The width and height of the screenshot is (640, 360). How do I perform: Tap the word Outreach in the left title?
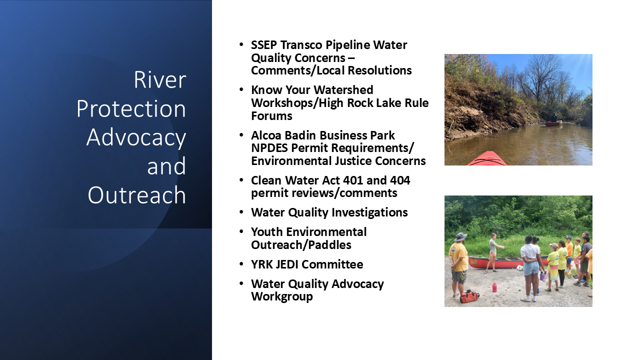[x=137, y=195]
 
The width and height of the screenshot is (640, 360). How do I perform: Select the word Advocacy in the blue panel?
[x=136, y=138]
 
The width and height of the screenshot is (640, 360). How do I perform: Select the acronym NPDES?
[x=269, y=148]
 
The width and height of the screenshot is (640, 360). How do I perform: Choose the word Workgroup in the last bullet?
[x=281, y=297]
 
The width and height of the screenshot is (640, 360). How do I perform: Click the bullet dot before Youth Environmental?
[x=241, y=231]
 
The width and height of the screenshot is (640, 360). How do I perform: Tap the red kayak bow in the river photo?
[x=487, y=158]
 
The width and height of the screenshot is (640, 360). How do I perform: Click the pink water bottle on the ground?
[x=494, y=287]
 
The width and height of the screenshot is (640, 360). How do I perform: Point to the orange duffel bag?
[x=469, y=296]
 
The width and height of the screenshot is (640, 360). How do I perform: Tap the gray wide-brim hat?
[x=460, y=237]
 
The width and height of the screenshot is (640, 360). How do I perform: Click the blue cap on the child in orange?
[x=568, y=237]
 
